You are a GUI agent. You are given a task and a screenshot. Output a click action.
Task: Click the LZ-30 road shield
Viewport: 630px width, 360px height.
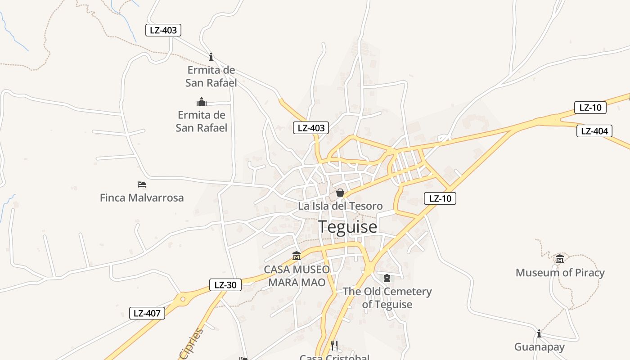pos(225,285)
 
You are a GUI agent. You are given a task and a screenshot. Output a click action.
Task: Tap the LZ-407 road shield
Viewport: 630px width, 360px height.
pos(147,314)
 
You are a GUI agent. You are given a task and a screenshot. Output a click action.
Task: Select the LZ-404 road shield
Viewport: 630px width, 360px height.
pos(594,131)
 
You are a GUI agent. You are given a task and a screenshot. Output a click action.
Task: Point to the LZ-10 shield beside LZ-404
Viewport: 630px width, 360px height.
pos(590,108)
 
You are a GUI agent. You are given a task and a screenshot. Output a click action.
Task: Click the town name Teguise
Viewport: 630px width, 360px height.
pos(347,227)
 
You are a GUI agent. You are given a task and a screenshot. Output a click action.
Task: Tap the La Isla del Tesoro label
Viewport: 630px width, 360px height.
pos(340,206)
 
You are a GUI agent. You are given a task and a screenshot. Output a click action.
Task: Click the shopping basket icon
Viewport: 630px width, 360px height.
pos(340,193)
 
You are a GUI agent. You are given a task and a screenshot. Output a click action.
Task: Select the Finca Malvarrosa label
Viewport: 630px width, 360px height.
pos(142,198)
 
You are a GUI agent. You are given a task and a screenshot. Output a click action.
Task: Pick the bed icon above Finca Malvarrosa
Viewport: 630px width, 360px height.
pos(142,184)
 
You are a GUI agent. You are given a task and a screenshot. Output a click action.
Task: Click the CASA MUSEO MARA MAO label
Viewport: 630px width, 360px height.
pos(297,276)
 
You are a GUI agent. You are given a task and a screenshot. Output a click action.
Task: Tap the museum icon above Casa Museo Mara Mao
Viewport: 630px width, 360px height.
pos(297,256)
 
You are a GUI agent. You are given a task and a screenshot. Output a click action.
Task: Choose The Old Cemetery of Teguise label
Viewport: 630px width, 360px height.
pos(387,297)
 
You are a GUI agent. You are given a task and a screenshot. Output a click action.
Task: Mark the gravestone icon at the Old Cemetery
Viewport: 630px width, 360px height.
pos(387,278)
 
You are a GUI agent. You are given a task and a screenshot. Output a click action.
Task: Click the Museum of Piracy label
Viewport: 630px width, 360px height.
pos(560,272)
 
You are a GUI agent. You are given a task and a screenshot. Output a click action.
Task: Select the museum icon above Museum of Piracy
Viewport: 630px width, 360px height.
pos(560,259)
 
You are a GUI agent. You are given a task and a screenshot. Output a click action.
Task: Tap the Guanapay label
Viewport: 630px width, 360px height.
pos(539,347)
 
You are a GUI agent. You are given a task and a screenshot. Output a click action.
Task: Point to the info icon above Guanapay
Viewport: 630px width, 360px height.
pos(539,333)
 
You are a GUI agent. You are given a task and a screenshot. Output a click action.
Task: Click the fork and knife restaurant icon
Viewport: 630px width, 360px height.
pos(334,345)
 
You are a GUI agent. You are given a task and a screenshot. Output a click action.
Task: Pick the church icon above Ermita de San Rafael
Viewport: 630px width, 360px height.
pos(201,102)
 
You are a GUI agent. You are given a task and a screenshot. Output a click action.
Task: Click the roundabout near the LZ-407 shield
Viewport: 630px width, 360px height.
pos(183,299)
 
